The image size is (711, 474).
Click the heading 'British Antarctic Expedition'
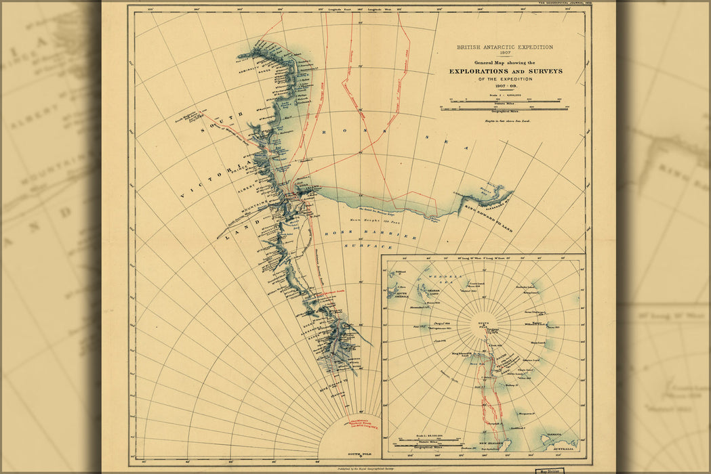click(504, 47)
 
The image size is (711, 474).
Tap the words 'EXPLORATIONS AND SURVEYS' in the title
click(504, 71)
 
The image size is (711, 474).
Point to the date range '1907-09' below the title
click(504, 86)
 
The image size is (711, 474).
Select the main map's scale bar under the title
click(504, 106)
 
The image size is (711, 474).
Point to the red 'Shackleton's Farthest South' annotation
click(366, 425)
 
